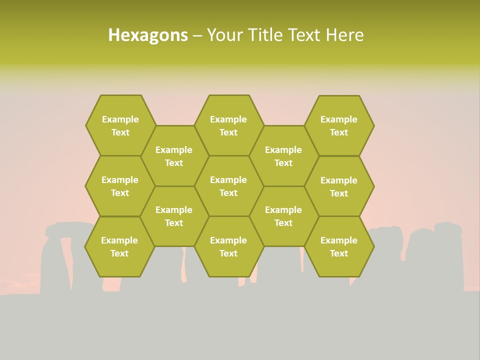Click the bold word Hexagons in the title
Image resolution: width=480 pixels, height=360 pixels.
click(x=148, y=35)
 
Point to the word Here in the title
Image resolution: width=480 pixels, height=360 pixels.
click(x=344, y=35)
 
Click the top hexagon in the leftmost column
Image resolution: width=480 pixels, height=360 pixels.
click(x=120, y=125)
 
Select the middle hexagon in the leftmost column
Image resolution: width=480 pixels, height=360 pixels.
click(x=120, y=186)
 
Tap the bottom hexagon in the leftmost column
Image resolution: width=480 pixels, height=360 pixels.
click(x=119, y=246)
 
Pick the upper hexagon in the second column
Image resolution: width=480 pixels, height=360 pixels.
click(x=174, y=156)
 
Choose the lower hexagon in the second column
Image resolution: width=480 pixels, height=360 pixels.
click(x=174, y=216)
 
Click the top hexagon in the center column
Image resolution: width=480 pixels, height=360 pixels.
click(x=228, y=125)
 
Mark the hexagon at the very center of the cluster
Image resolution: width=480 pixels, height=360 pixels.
click(x=228, y=186)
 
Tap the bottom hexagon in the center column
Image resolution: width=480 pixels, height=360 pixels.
click(x=228, y=246)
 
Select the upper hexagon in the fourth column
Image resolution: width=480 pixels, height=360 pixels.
click(x=283, y=156)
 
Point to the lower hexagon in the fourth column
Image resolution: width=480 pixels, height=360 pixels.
click(x=283, y=216)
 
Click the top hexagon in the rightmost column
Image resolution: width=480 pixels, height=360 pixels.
click(x=339, y=125)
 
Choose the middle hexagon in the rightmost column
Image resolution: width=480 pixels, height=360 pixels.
click(x=339, y=186)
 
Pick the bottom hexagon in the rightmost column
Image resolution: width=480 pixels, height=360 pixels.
click(x=339, y=246)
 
